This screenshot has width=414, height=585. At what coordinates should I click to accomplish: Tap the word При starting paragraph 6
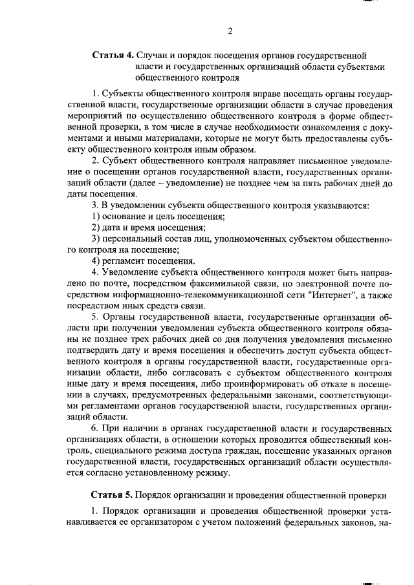point(106,429)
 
